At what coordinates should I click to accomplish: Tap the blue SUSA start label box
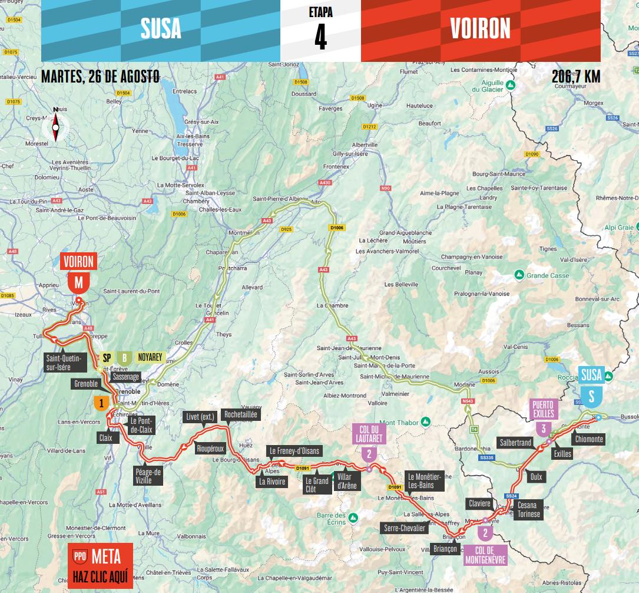click(591, 374)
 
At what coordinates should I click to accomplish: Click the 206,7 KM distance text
click(576, 77)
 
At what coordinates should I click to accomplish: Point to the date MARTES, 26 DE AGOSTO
click(100, 77)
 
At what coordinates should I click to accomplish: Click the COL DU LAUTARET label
click(369, 434)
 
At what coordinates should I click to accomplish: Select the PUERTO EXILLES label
click(544, 408)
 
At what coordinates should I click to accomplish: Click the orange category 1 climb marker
click(101, 404)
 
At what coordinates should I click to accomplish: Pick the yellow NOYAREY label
click(150, 357)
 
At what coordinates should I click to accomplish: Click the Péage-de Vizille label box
click(148, 476)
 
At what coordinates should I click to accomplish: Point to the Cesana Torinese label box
click(528, 510)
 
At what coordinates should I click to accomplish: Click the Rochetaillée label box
click(240, 415)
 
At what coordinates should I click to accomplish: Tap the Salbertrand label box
click(515, 442)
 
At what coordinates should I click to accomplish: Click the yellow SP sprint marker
click(107, 357)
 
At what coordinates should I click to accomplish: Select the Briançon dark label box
click(445, 549)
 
